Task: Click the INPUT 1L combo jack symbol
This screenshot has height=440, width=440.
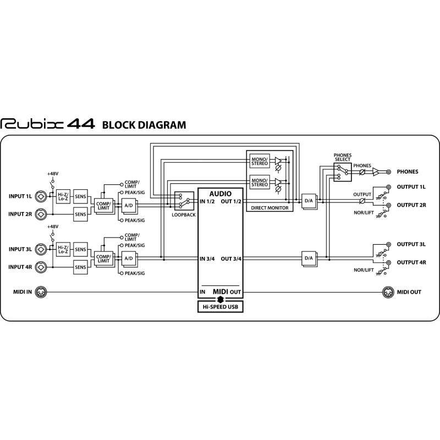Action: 41,196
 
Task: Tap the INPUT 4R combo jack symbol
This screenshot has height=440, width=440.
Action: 41,267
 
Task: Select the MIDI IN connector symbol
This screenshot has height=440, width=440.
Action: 41,292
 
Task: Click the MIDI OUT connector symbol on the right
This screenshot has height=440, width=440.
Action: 388,292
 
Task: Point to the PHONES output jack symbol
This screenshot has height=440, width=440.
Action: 388,172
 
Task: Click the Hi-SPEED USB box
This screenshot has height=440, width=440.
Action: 221,307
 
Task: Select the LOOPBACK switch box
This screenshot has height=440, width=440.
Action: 184,201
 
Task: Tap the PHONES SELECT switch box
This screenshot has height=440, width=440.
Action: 343,172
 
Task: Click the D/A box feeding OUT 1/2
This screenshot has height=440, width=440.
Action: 309,201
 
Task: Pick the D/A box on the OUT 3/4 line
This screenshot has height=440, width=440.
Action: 309,258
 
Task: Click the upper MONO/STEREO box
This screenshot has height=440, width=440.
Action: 260,161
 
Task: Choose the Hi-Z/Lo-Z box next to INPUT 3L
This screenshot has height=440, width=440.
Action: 63,250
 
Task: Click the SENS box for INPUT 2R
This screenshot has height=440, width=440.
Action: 80,215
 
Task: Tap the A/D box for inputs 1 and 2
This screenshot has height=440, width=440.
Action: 129,206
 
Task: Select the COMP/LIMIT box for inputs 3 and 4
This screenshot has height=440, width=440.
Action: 104,259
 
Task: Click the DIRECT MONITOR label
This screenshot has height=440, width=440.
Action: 269,208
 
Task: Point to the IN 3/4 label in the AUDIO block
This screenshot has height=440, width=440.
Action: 207,258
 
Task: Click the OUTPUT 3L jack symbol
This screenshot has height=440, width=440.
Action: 388,244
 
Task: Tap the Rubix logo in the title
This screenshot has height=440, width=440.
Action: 32,124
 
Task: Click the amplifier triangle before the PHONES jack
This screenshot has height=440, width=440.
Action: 376,172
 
